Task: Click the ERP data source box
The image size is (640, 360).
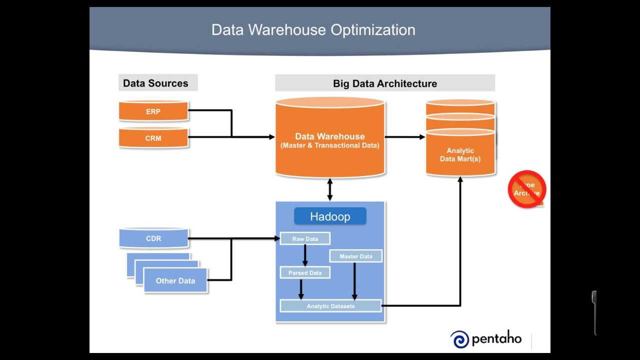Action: coord(153,111)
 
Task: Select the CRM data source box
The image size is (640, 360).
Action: coord(153,138)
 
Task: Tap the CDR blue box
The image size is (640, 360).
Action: coord(153,238)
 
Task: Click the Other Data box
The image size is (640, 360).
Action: coord(175,280)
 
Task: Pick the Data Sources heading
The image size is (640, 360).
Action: coord(156,83)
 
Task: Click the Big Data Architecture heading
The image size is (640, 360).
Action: coord(384,83)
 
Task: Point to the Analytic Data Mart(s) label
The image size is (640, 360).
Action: coord(460,154)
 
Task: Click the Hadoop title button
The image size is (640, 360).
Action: coord(330,216)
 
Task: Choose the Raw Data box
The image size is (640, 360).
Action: coord(305,239)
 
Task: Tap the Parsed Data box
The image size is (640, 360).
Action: coord(305,273)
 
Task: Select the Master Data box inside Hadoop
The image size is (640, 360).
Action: coord(356,256)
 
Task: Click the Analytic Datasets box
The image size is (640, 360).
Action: coord(330,306)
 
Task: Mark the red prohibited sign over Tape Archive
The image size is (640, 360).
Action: coord(526,189)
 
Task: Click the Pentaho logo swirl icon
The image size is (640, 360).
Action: coord(459,339)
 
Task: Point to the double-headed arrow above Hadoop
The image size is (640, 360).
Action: coord(329,189)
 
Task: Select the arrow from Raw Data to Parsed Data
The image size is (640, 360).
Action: coord(305,255)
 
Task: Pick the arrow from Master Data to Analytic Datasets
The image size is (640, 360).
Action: coord(354,281)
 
